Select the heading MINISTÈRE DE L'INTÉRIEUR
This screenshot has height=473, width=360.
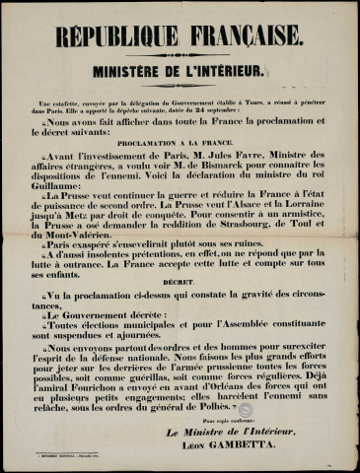pyautogui.click(x=180, y=71)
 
